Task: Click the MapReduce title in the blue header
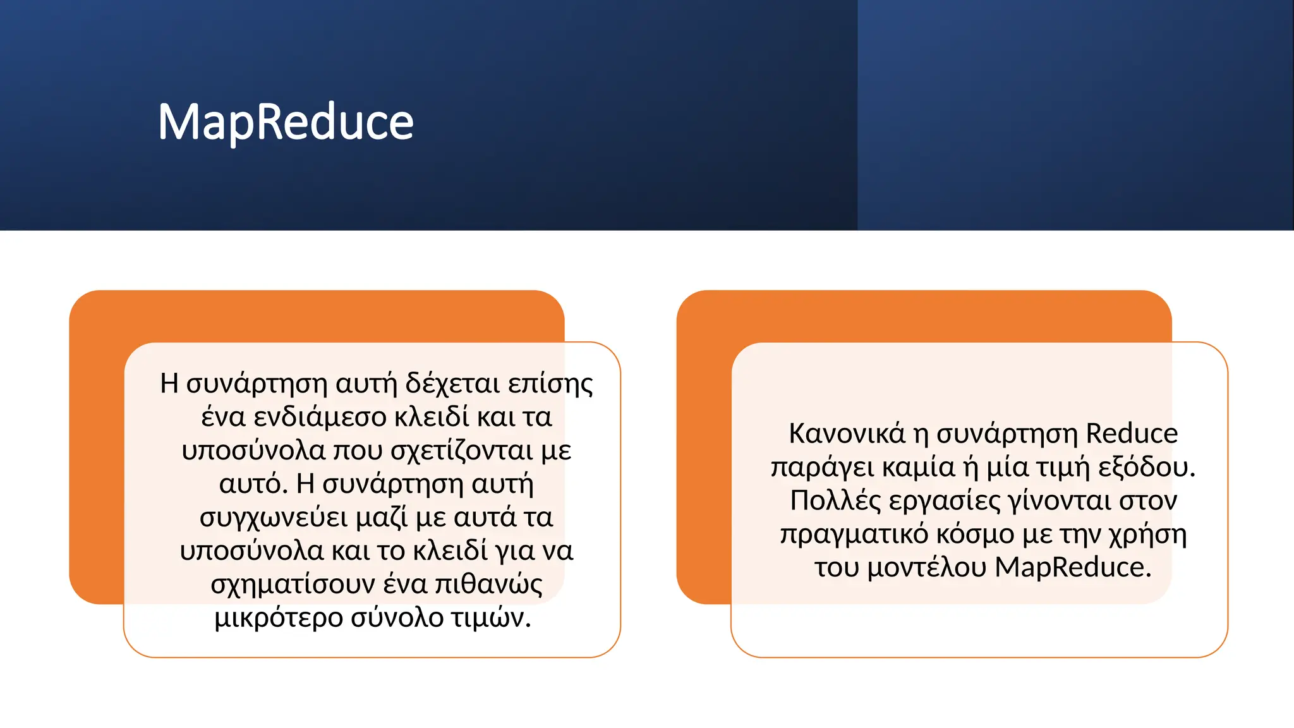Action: [x=286, y=122]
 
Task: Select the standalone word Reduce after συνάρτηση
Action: [x=1132, y=434]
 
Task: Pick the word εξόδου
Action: [x=1146, y=468]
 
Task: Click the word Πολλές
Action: [x=835, y=501]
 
